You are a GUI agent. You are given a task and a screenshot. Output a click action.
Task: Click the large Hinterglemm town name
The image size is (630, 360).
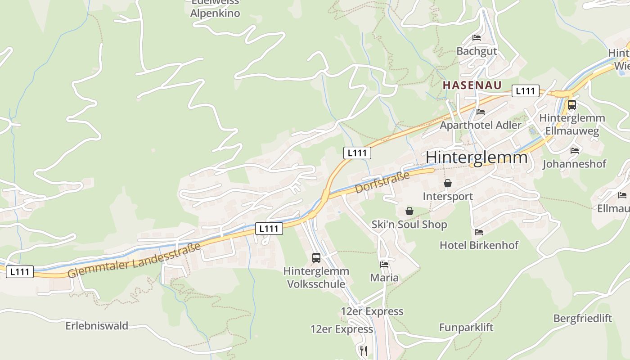point(477,157)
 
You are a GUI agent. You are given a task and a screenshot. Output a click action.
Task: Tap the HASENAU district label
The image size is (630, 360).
point(472,85)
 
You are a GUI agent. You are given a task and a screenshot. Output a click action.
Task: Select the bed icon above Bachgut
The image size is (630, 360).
point(477,38)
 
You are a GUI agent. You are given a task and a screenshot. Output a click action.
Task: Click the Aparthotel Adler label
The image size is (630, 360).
point(481,125)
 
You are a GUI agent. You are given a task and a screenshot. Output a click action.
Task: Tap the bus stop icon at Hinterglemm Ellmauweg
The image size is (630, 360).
point(571,105)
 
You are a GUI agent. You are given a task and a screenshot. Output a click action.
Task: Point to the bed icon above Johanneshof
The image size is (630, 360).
point(575,150)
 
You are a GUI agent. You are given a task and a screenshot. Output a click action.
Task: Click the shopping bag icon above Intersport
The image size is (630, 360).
point(448,183)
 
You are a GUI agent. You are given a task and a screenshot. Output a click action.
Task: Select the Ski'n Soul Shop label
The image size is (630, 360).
point(409,225)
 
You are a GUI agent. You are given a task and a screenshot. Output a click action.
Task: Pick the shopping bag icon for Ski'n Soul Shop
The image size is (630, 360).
point(409,211)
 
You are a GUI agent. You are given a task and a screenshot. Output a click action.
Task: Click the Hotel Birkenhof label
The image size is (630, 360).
point(479,245)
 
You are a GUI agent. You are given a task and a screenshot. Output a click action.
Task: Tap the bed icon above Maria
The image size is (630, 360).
point(384,264)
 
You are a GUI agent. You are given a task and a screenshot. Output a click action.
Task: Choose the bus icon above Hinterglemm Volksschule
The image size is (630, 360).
point(316,258)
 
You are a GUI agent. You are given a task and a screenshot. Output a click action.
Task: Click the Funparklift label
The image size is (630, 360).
point(466,328)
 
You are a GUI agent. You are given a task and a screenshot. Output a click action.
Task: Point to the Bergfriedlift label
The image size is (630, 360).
point(582,319)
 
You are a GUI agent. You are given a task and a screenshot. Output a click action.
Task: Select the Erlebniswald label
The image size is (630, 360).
point(97,326)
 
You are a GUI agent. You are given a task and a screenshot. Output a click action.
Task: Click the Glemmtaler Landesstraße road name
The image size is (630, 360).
point(134,261)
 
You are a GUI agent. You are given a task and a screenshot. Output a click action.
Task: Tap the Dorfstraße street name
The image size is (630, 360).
point(382,182)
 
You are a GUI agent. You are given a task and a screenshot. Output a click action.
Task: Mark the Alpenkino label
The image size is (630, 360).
point(215,13)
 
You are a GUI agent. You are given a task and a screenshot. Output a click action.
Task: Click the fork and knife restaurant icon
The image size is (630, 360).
point(364,350)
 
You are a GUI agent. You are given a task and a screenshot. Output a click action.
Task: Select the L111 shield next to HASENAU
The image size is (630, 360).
point(525,91)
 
